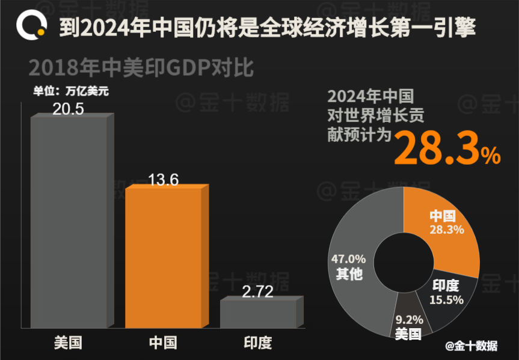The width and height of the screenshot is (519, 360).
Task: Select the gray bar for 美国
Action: pos(68,222)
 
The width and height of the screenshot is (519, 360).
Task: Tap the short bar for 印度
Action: pos(259,314)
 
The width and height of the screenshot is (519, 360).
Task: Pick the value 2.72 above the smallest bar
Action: pos(257,292)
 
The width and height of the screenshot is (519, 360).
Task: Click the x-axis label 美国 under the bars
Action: pos(68,343)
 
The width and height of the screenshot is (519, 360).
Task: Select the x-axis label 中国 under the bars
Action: pos(163,343)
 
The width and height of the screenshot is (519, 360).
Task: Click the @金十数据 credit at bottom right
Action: pos(471,346)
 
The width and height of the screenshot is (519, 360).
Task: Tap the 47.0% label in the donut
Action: pos(348,259)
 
